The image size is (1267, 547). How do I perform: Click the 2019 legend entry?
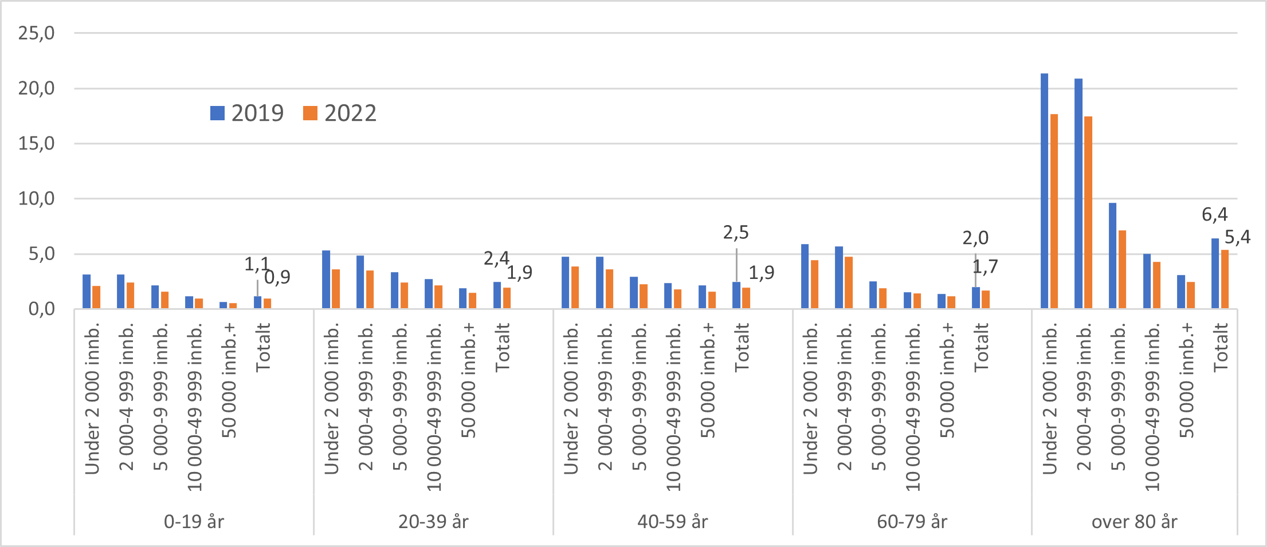click(247, 113)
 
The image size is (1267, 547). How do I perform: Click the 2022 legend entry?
click(340, 113)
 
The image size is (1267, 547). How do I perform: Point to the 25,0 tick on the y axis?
click(37, 33)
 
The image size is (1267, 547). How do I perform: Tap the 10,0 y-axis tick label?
click(37, 199)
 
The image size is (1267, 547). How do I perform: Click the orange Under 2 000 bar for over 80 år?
click(1054, 212)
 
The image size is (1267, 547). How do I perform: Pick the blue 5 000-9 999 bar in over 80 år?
click(1112, 256)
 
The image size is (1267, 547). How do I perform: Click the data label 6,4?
click(1214, 214)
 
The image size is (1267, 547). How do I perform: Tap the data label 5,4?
click(1237, 237)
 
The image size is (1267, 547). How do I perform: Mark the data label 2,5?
click(735, 232)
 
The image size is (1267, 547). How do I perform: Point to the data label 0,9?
click(277, 277)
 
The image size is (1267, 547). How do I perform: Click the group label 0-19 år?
click(194, 522)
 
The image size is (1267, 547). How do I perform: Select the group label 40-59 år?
click(673, 522)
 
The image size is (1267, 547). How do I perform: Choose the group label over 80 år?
click(1134, 522)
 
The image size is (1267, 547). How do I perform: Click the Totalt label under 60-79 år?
click(981, 347)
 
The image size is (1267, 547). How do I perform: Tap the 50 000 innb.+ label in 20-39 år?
click(468, 381)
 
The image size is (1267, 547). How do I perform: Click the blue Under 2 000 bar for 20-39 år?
click(326, 280)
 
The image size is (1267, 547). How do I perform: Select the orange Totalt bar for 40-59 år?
click(746, 298)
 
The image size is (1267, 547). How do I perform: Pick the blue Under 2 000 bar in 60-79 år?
click(805, 277)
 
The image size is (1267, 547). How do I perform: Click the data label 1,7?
click(985, 266)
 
